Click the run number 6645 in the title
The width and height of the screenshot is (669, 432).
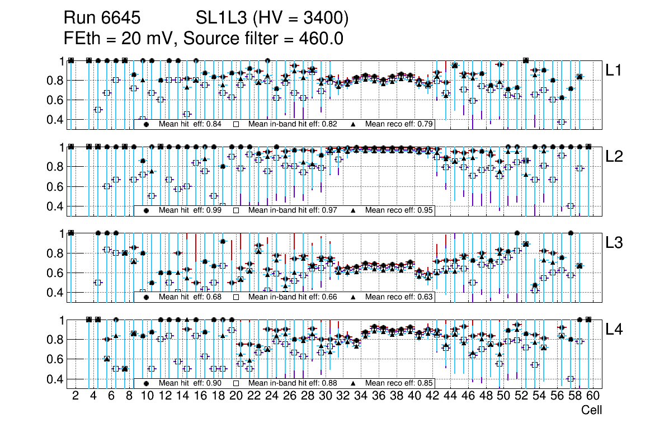coord(122,18)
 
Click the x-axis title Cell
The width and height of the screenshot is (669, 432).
coord(591,410)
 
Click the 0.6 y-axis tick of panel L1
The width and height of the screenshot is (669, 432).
coord(54,100)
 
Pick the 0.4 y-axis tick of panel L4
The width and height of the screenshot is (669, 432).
coord(54,379)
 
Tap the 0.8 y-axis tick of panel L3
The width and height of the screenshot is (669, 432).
coord(54,253)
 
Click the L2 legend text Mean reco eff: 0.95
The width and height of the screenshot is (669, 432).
coord(398,210)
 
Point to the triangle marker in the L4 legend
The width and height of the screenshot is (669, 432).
coord(354,383)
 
